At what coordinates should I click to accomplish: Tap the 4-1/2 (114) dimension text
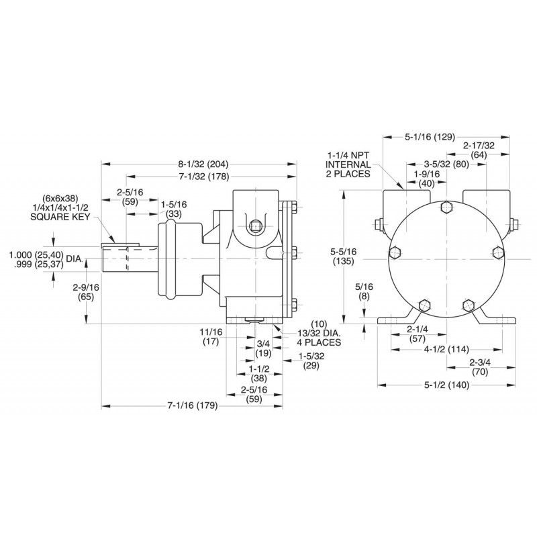pos(446,348)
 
